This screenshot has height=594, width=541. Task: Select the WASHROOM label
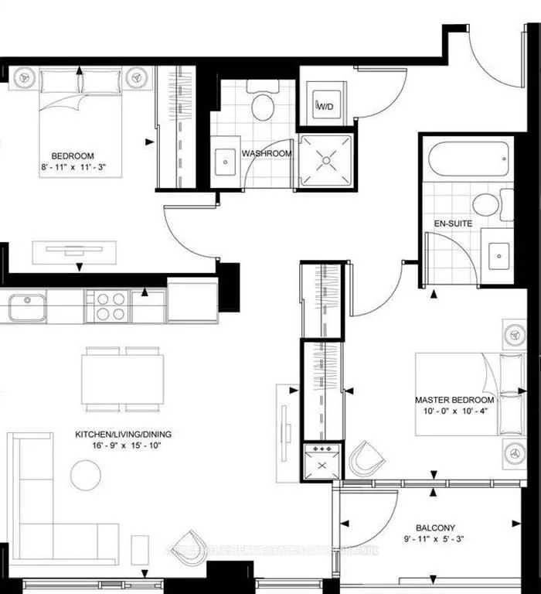point(267,154)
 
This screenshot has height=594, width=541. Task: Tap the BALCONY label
point(427,522)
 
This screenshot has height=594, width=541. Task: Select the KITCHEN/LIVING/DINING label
point(123,435)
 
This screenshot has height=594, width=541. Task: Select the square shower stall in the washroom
point(326,161)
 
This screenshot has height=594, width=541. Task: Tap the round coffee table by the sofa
point(85,474)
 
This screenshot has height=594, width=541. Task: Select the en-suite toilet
point(488,204)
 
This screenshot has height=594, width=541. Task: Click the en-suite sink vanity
point(498,252)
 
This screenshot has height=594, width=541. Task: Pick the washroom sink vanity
point(226,160)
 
